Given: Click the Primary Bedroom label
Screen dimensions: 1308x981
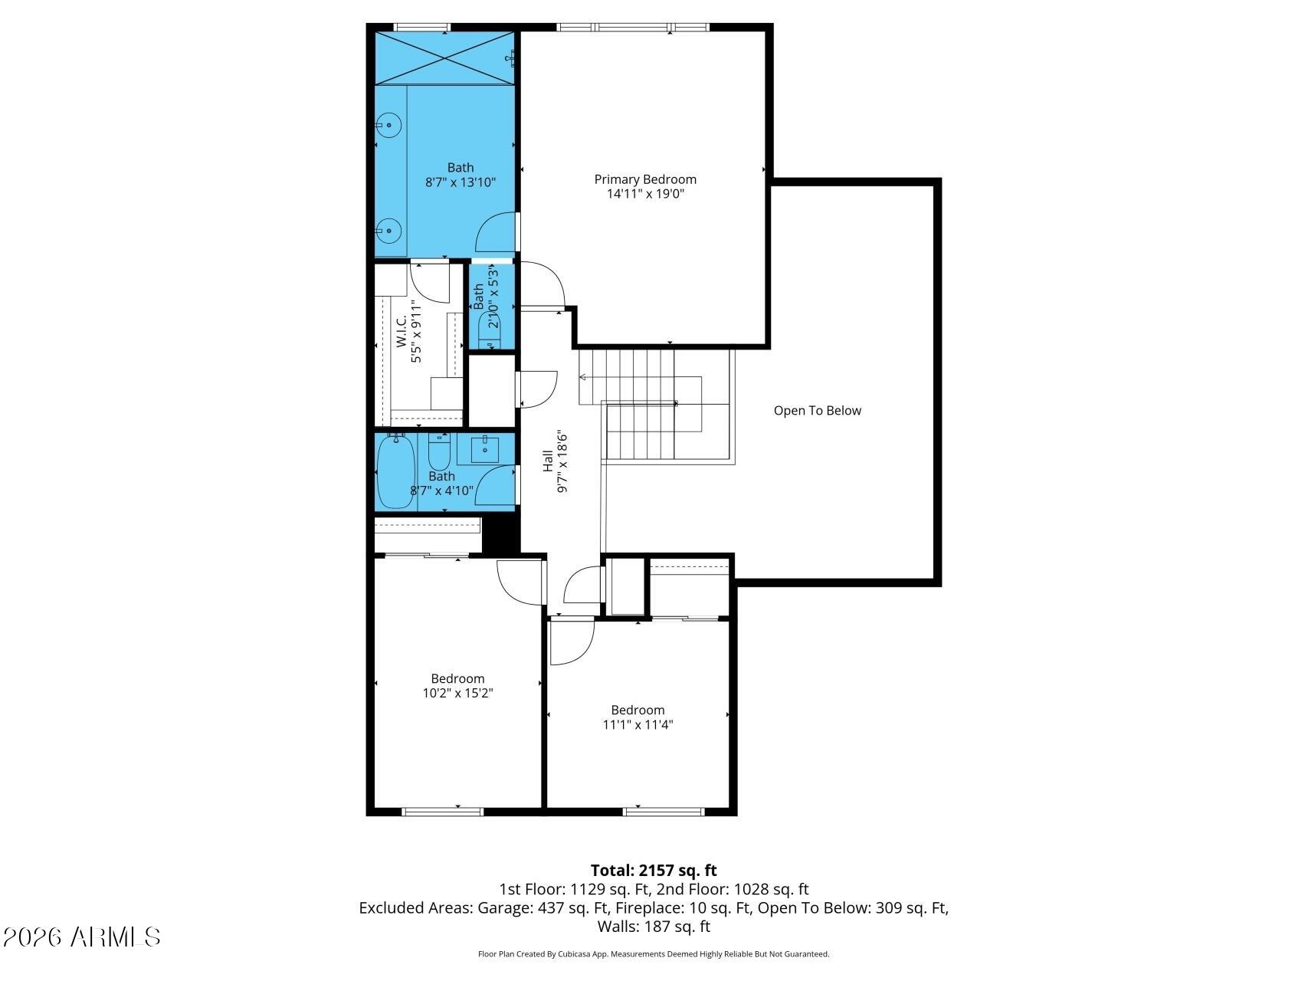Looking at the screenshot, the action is (x=645, y=179).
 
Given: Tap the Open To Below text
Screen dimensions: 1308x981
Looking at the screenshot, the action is (x=817, y=411).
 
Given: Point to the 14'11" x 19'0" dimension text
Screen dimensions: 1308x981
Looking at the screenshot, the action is (x=645, y=194).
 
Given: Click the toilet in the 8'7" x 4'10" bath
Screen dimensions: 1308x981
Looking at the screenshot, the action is (x=439, y=453).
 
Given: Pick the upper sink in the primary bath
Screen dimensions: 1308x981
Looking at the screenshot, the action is (x=389, y=124).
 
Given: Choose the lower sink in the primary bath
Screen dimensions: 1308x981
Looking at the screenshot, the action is (x=389, y=229).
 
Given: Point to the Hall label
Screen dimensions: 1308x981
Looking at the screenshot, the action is (x=548, y=461).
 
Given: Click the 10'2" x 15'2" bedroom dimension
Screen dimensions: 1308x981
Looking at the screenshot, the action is (x=457, y=693).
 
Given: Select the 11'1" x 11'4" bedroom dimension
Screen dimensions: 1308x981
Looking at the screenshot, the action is (x=638, y=724).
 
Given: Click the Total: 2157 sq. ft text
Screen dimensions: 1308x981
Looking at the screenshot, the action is (x=654, y=871).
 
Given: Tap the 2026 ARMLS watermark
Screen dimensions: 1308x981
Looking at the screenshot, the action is (x=81, y=937).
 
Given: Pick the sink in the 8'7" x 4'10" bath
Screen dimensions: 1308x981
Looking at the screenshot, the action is (x=484, y=450).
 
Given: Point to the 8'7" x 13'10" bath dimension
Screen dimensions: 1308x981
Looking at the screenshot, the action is (x=461, y=182).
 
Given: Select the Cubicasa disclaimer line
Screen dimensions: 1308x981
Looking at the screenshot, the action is (x=654, y=954).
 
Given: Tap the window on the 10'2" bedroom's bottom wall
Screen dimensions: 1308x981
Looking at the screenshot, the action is (x=443, y=811).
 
